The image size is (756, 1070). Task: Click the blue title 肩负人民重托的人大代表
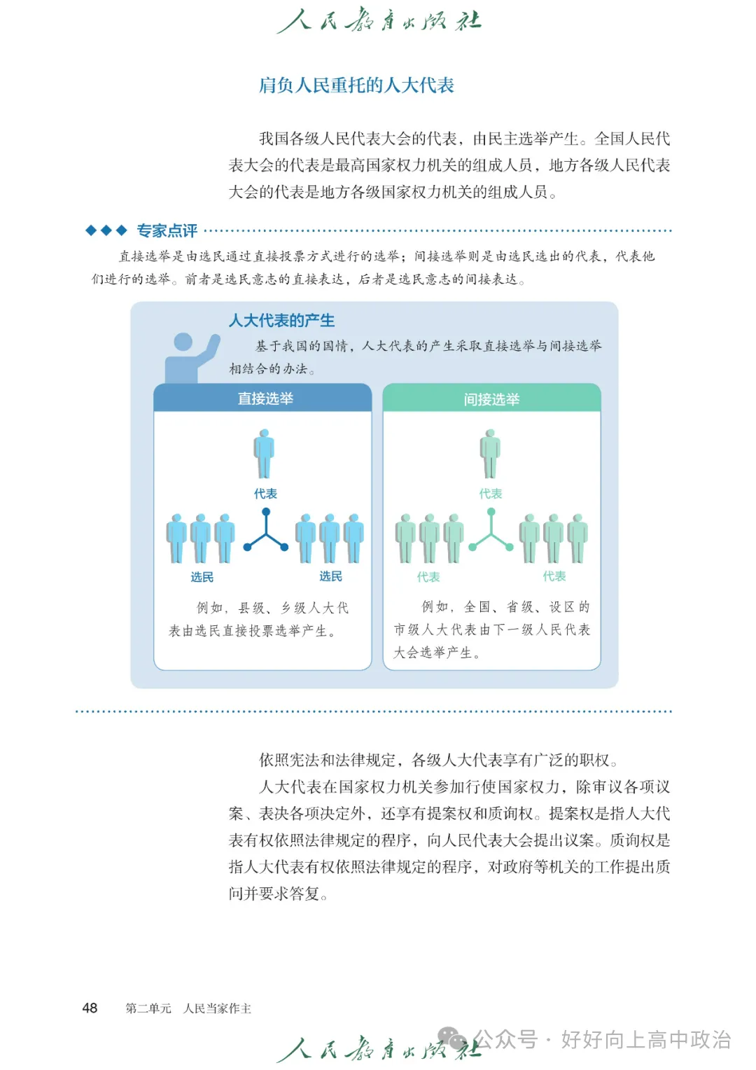point(356,85)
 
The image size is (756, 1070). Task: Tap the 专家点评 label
point(167,230)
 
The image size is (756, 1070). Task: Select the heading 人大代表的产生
point(281,321)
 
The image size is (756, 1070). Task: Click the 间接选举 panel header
point(491,399)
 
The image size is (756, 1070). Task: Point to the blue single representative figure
point(264,454)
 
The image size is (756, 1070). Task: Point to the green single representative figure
point(490,454)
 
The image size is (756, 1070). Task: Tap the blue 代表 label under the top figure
point(265,494)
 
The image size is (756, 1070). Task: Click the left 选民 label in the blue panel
point(202,577)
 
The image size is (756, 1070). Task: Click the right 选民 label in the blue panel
point(330,576)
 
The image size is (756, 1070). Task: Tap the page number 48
point(90,1008)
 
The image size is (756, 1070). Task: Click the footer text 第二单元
point(148,1008)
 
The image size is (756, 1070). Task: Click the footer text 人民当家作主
point(217,1008)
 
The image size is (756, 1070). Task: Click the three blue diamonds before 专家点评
point(106,230)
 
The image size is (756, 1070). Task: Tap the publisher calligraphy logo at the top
point(379,21)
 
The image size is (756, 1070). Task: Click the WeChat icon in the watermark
point(452,1038)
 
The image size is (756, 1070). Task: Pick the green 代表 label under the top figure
point(491,494)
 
